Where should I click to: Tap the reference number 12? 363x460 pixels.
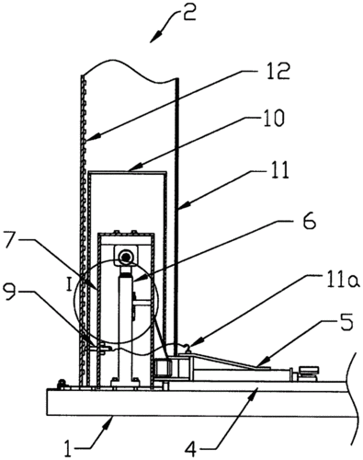point(274,70)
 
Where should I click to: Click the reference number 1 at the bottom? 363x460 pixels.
point(68,448)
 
